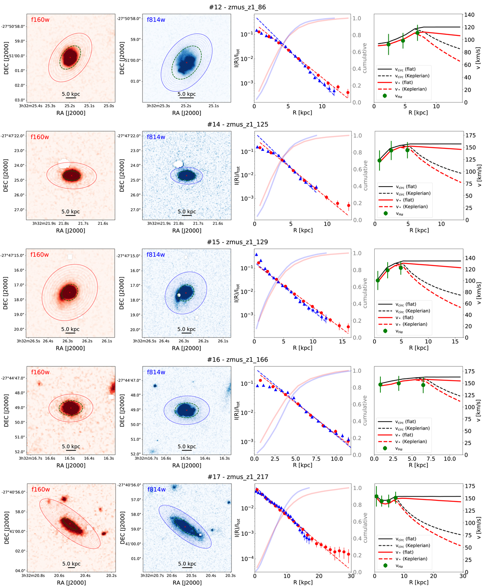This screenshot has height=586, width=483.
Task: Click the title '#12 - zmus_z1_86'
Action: (237, 7)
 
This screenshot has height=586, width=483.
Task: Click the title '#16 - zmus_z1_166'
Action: (237, 360)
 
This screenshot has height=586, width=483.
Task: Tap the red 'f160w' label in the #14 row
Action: (40, 137)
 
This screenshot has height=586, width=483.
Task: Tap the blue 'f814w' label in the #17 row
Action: (156, 489)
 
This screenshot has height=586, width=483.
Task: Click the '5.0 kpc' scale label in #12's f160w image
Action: (71, 94)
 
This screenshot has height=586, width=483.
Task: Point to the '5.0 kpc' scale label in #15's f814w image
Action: (186, 329)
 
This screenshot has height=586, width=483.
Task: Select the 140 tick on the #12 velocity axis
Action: (469, 15)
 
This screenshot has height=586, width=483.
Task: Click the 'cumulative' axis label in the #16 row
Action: (365, 410)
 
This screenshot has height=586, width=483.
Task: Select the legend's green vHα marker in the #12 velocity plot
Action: (385, 96)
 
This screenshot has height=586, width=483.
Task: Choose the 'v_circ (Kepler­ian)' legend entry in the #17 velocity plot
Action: (407, 545)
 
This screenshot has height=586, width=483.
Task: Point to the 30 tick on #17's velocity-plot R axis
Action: (462, 576)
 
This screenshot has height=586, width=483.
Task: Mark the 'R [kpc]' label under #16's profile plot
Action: (302, 465)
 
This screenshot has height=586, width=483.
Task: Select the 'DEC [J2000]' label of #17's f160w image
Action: (6, 527)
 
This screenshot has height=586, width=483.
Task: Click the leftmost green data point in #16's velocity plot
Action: (380, 385)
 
